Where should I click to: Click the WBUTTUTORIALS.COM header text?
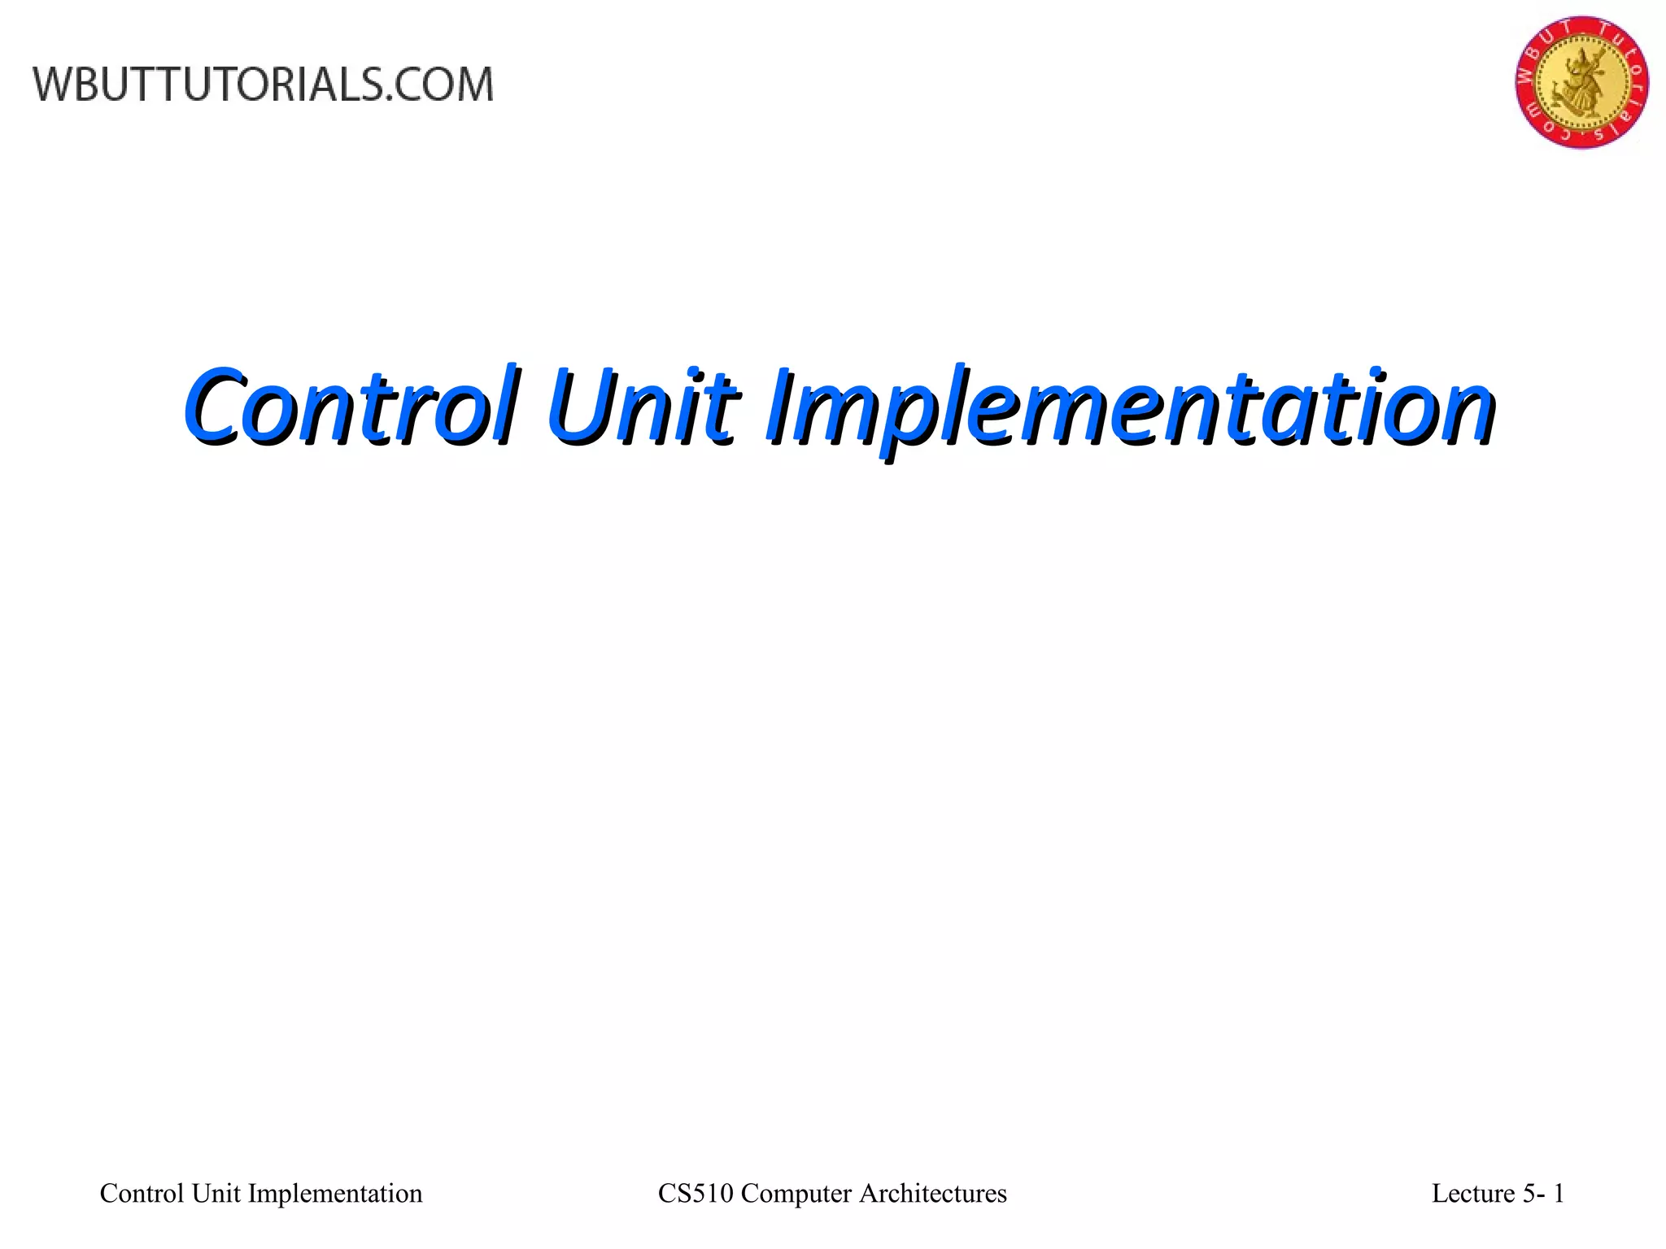coord(263,85)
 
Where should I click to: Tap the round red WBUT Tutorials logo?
coord(1581,81)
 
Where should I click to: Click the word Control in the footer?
coord(142,1193)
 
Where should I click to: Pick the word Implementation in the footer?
coord(335,1193)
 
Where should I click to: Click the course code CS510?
coord(695,1193)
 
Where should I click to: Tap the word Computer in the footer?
coord(796,1193)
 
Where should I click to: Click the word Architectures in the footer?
coord(933,1193)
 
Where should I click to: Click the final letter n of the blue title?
coord(1468,411)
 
